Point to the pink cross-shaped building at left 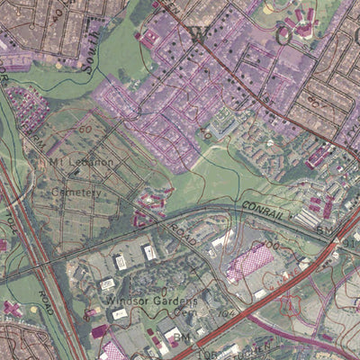point(13,308)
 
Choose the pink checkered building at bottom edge point(113,351)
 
